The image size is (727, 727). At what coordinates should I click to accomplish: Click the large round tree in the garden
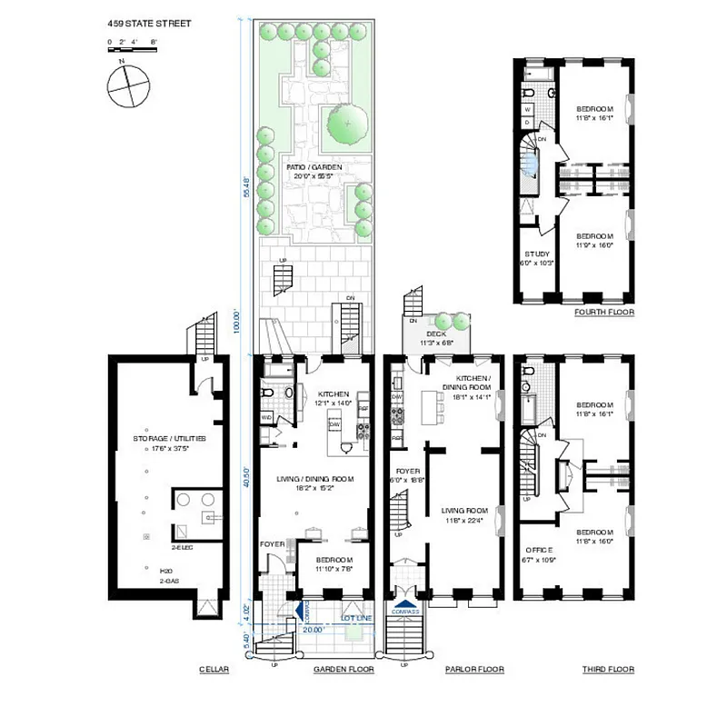(346, 121)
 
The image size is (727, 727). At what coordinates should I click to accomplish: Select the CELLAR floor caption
(214, 670)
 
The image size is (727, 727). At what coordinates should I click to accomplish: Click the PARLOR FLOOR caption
(473, 670)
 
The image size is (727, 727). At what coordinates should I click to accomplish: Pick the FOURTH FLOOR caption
(603, 312)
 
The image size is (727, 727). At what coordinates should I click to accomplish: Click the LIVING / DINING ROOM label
(315, 478)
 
